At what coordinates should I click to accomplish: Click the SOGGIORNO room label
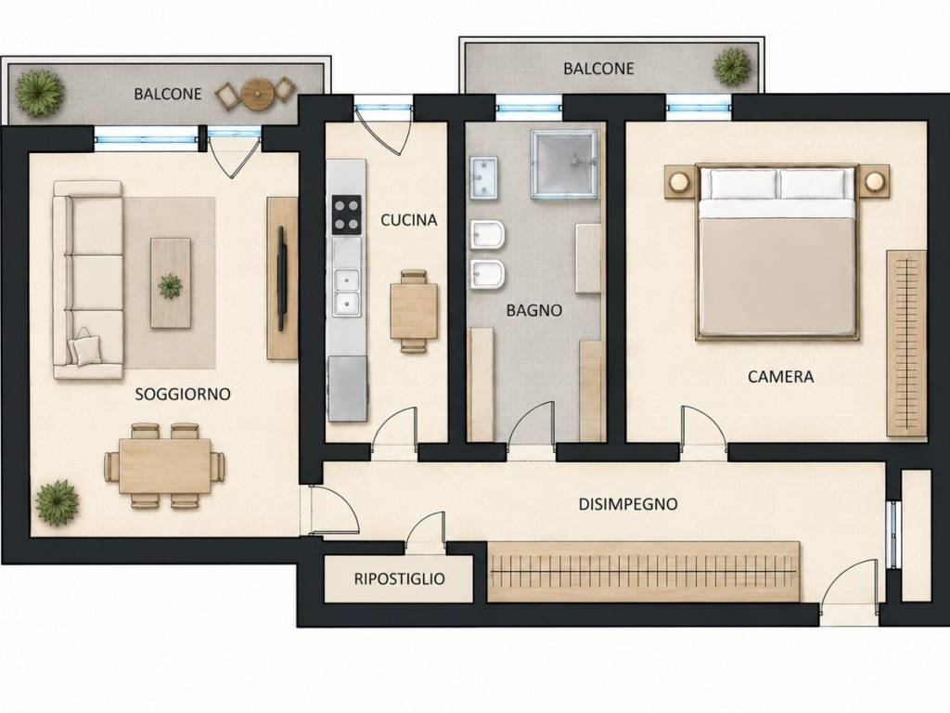[183, 394]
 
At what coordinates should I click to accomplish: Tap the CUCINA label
[408, 220]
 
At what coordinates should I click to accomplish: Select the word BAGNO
[533, 310]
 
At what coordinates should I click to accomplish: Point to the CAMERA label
[780, 377]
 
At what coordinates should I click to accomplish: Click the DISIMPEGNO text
[628, 504]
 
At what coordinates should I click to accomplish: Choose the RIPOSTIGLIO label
[399, 579]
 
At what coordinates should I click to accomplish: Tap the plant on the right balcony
[732, 66]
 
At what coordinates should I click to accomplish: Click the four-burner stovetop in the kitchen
[347, 214]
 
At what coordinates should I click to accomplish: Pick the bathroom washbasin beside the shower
[483, 178]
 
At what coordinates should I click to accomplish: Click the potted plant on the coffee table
[170, 286]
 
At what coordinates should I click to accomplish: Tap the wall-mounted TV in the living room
[282, 279]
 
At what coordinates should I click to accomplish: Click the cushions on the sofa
[84, 348]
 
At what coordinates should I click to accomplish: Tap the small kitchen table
[414, 311]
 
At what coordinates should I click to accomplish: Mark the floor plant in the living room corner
[57, 502]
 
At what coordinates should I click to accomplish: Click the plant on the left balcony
[39, 93]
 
